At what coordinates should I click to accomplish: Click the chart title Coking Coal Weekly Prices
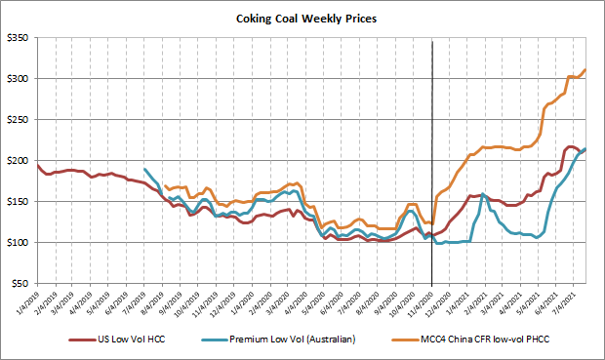coord(302,18)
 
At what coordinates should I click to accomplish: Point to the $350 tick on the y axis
coord(20,38)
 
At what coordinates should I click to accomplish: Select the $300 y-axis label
coord(20,79)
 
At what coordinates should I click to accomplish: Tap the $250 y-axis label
coord(20,120)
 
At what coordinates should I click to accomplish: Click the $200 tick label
coord(20,161)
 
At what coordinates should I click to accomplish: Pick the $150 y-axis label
coord(20,202)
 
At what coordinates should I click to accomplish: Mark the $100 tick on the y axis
coord(20,243)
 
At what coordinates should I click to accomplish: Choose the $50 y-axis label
coord(22,284)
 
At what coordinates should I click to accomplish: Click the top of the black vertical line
coord(432,41)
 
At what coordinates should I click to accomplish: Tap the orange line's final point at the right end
coord(585,70)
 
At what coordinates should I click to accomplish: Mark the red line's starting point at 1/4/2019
coord(37,165)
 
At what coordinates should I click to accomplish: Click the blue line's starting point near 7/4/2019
coord(144,170)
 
